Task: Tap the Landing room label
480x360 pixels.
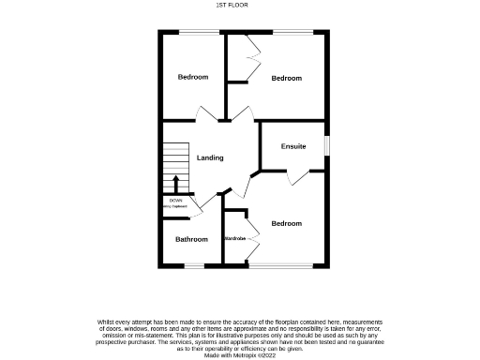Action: [x=209, y=157]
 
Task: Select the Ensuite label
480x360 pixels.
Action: [x=293, y=146]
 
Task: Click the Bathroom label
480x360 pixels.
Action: [x=191, y=239]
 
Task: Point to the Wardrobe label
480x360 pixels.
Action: [x=234, y=239]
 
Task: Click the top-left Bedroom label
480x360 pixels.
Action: [x=193, y=77]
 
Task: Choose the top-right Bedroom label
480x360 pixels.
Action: [x=286, y=78]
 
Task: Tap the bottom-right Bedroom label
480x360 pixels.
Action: [x=286, y=223]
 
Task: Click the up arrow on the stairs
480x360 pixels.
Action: [x=175, y=181]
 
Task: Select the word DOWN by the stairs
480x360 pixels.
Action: [x=175, y=200]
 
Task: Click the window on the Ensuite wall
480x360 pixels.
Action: [x=327, y=146]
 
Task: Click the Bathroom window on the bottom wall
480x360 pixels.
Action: [x=193, y=266]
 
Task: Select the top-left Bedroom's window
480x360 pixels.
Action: [x=193, y=33]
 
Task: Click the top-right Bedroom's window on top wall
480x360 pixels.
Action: [x=286, y=33]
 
